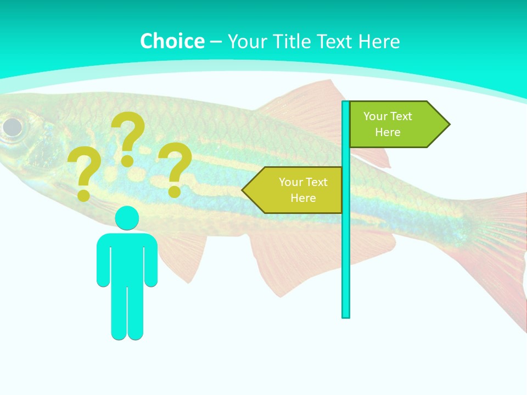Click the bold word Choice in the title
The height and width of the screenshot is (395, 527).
coord(172,41)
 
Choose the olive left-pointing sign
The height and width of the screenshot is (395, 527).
coord(296,190)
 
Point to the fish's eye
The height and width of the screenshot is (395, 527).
coord(12,127)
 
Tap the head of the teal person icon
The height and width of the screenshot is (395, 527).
coord(127,218)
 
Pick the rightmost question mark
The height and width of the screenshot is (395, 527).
coord(175,169)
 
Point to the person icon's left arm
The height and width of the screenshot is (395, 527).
coord(103,261)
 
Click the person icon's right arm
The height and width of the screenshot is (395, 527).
coord(151,261)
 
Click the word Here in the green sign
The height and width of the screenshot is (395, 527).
coord(388,132)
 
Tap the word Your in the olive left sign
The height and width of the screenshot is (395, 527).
coord(290,182)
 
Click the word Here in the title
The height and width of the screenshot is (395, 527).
coord(379,41)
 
